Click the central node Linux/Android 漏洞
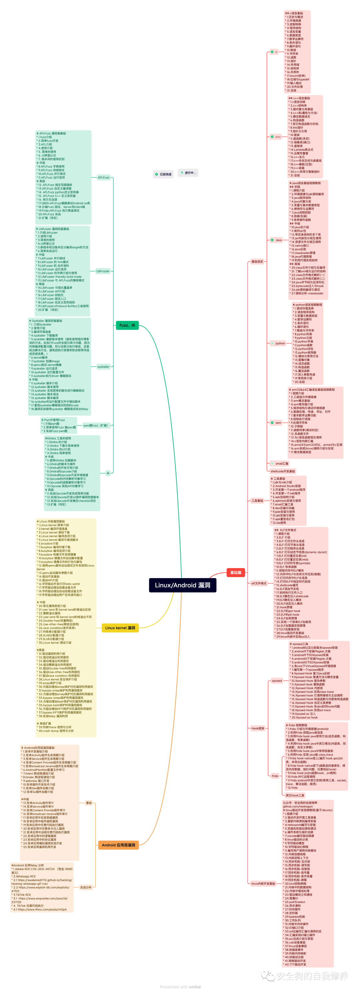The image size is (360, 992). point(183,585)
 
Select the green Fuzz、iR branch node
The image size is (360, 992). point(127,326)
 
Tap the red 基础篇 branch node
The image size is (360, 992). point(236,572)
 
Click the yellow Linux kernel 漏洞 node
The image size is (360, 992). point(120,628)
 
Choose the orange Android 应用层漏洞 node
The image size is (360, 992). point(118,845)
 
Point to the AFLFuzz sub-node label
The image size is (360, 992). point(104,178)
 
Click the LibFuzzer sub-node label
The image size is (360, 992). point(103,271)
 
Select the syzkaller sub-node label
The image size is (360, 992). point(103,367)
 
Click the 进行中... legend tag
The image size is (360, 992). point(188,173)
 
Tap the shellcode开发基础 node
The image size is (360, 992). point(283,471)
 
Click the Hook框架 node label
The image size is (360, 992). point(258,728)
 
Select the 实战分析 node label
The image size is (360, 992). point(86,887)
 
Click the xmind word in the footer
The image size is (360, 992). point(194,987)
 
